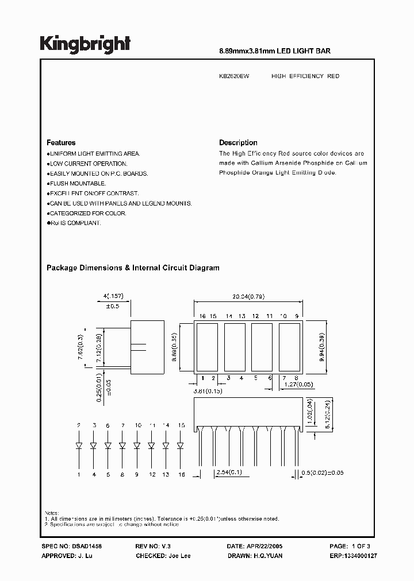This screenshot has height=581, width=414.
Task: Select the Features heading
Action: [61, 142]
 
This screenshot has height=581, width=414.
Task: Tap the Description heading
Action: [238, 142]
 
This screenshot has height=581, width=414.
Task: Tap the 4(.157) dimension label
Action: [113, 296]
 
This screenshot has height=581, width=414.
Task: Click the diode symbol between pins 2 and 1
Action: [78, 445]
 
